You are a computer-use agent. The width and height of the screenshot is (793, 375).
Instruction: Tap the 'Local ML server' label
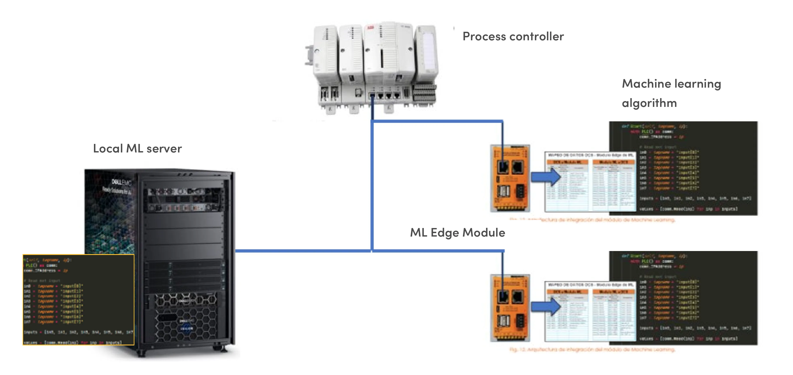[137, 148]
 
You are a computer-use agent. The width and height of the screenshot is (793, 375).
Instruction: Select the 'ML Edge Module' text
[457, 232]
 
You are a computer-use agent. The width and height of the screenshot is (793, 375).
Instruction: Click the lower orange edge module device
[510, 308]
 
